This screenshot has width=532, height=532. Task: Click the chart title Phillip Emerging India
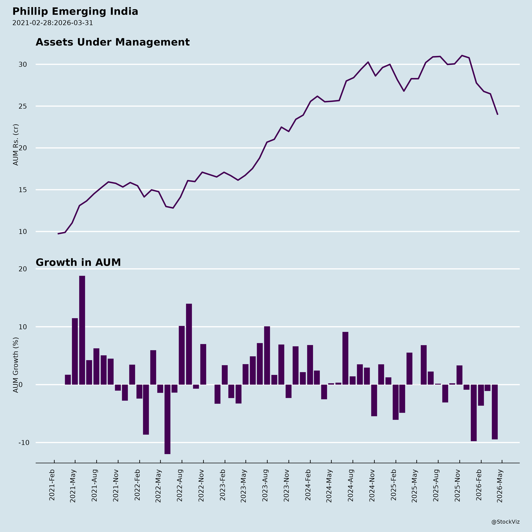click(75, 12)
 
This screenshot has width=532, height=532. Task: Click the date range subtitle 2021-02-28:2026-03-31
click(53, 23)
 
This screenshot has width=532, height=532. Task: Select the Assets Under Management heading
click(113, 42)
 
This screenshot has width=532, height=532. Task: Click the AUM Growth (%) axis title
click(16, 365)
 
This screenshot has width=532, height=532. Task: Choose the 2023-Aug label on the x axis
click(265, 486)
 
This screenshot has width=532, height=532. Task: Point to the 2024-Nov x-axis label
click(372, 486)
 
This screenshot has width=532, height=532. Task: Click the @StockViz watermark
click(505, 522)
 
